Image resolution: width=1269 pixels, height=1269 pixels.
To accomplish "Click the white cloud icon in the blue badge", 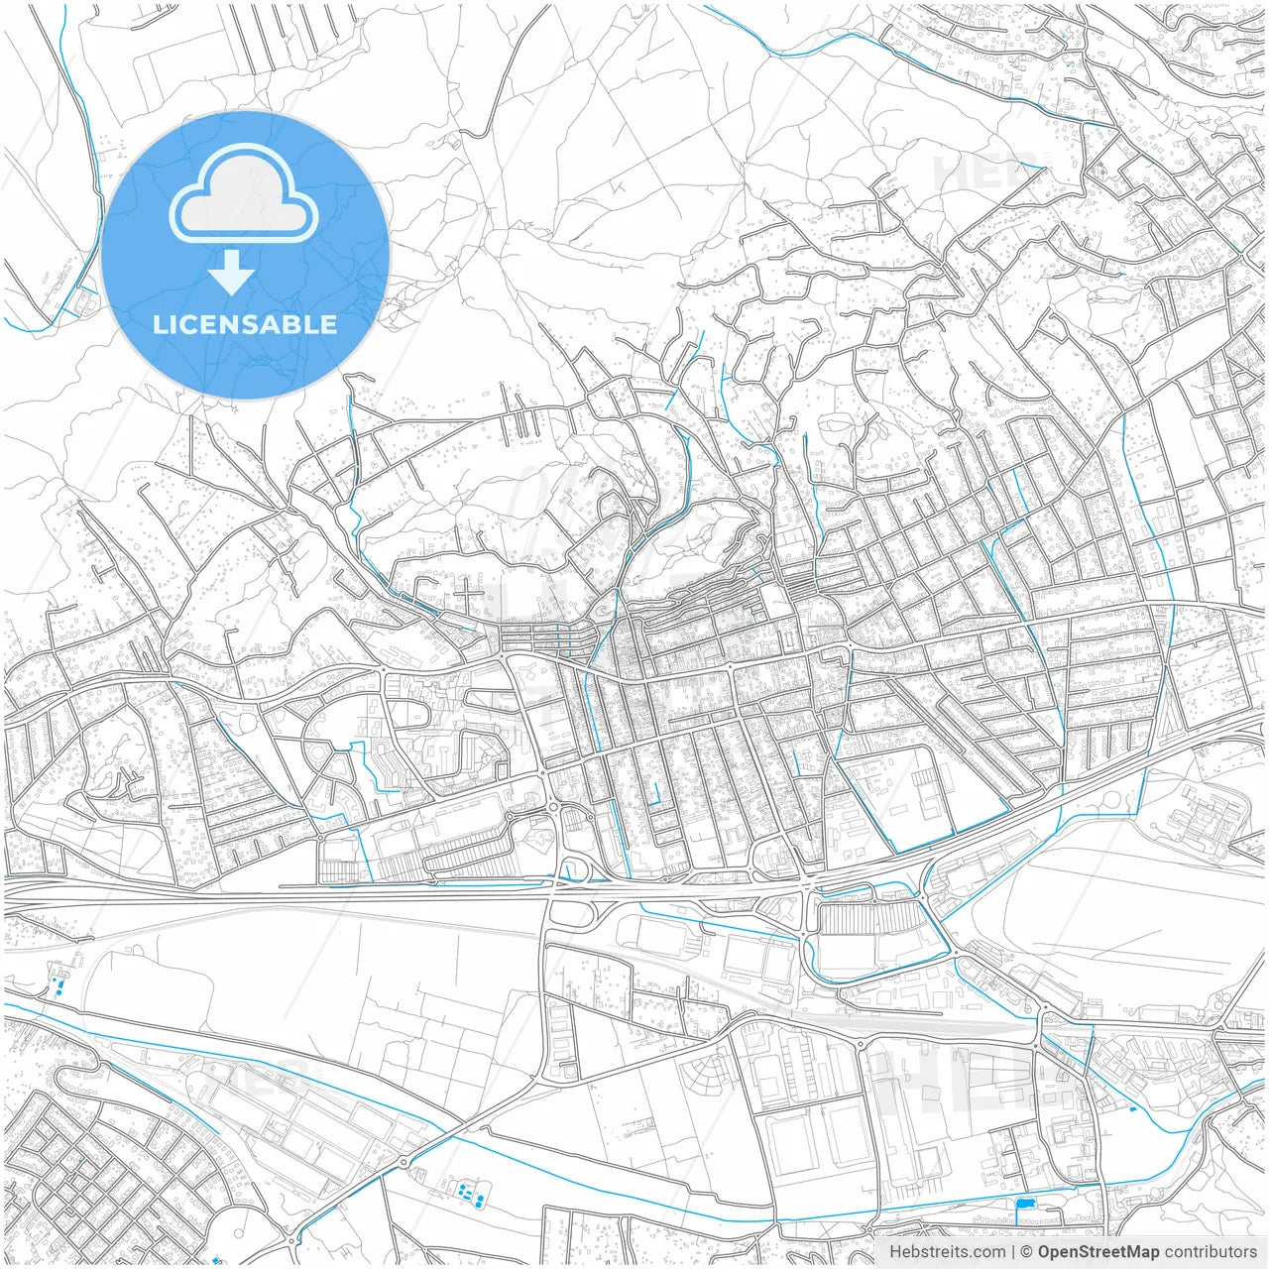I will click(244, 193).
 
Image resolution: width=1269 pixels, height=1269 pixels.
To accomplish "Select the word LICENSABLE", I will click(245, 324).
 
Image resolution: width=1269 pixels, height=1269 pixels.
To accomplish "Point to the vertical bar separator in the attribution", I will click(1013, 1252).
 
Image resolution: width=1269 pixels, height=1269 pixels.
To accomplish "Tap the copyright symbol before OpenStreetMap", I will click(1027, 1252).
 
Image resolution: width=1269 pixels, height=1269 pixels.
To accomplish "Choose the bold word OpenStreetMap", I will click(1097, 1252).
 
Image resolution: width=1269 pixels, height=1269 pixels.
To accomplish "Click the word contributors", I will click(1210, 1252).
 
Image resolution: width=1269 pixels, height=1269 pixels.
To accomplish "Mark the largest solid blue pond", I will click(1024, 1204).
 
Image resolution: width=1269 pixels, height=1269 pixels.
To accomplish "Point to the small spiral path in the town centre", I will click(605, 612).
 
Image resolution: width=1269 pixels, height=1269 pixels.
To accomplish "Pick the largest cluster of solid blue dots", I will click(469, 1194).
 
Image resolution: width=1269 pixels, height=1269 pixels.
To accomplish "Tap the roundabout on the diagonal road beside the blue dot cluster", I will click(404, 1162).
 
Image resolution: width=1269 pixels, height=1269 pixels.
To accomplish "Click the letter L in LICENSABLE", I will click(159, 324).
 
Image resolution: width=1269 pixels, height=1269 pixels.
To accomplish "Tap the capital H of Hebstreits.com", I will click(895, 1252).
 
